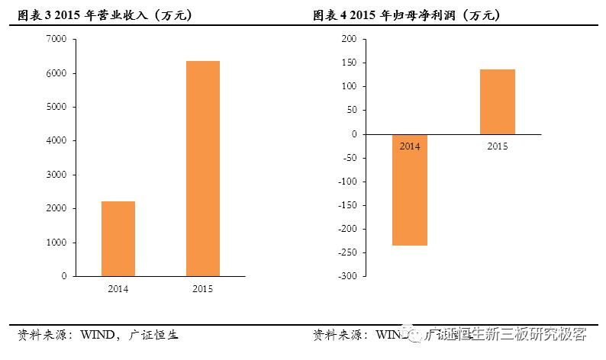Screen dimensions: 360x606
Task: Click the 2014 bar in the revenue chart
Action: (x=118, y=238)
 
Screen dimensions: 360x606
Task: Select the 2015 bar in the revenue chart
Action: (x=203, y=169)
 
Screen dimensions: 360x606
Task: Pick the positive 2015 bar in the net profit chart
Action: (x=498, y=101)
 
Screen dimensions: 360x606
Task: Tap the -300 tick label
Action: (x=346, y=276)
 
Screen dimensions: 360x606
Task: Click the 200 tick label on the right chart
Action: (x=348, y=39)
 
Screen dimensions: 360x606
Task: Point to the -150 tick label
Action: (x=346, y=205)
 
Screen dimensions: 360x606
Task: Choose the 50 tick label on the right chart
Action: (x=350, y=110)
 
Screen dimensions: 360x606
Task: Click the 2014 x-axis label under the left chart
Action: (x=118, y=289)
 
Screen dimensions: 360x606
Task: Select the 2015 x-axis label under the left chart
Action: (x=203, y=289)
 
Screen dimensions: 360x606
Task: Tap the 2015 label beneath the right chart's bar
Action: (x=498, y=145)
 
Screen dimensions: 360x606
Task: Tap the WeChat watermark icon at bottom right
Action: (x=414, y=333)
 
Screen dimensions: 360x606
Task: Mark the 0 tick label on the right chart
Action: (x=353, y=134)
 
